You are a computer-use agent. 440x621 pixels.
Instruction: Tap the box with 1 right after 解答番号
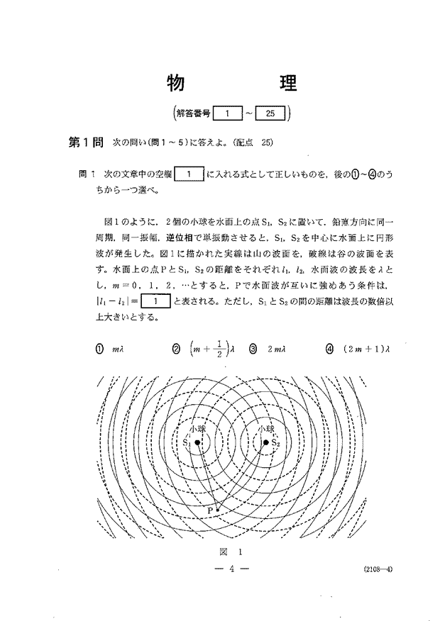225,113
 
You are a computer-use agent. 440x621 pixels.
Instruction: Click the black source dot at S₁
199,442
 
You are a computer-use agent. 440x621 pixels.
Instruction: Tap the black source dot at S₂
267,442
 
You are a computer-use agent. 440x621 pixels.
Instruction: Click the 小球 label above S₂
266,430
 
